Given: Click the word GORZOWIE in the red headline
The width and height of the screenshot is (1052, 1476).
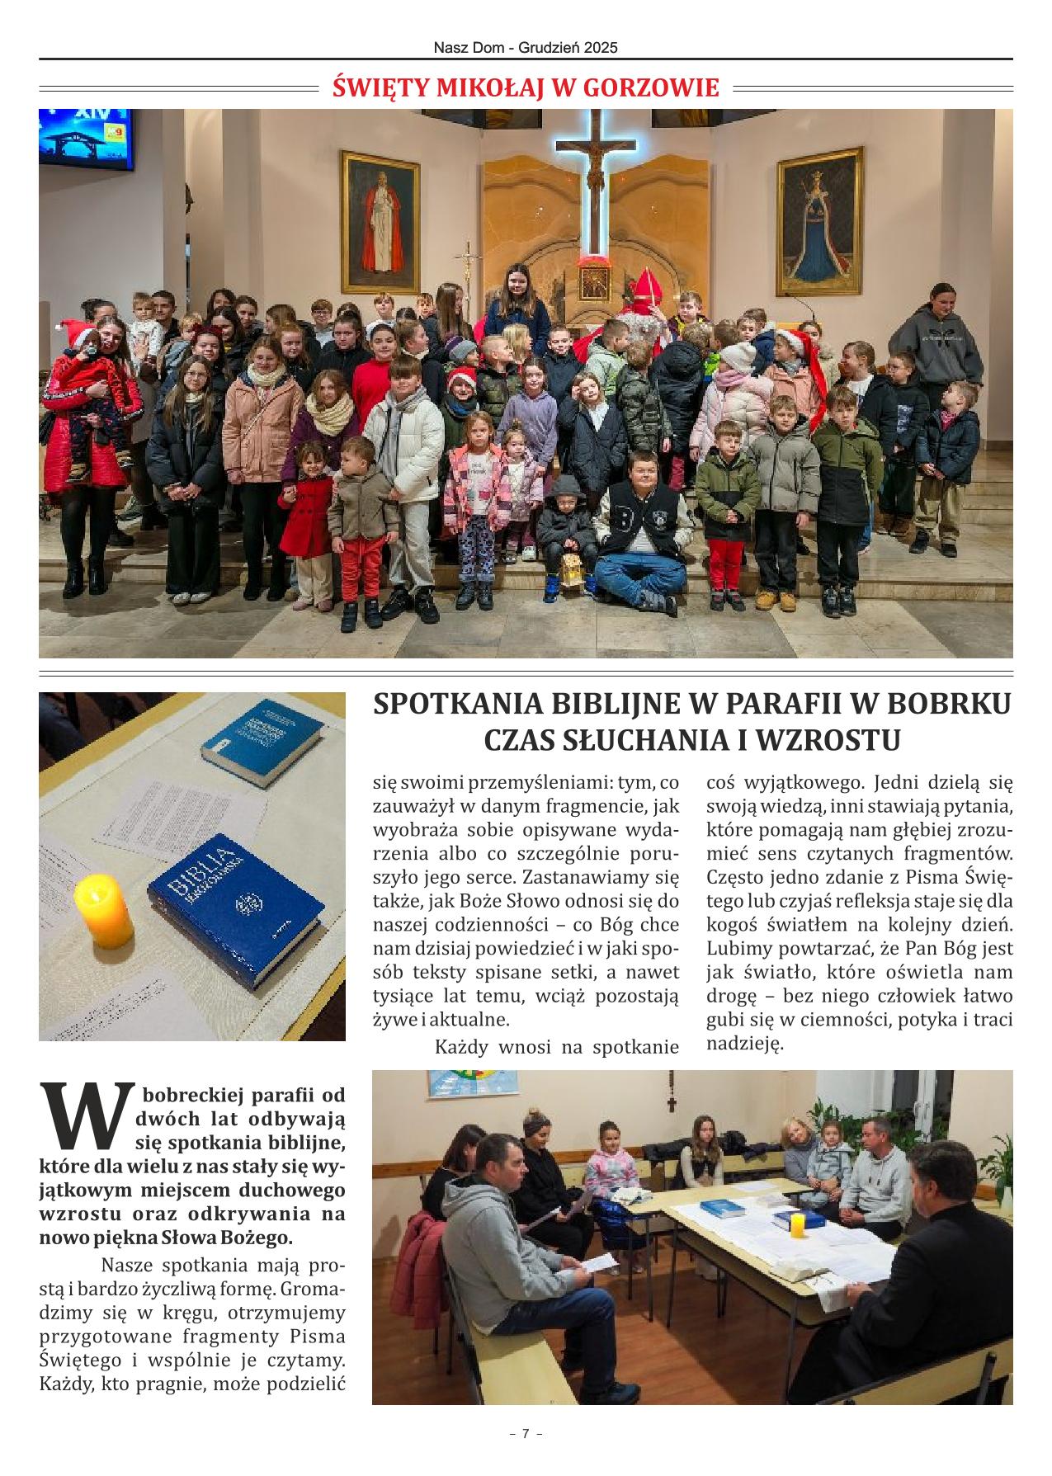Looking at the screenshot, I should tap(651, 87).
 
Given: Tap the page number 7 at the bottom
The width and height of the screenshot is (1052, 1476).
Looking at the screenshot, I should tap(526, 1434).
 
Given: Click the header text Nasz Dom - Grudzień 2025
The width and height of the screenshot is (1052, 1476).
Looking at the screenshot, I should tap(526, 48).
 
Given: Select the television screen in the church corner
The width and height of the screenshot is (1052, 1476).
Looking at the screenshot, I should tap(85, 137).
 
